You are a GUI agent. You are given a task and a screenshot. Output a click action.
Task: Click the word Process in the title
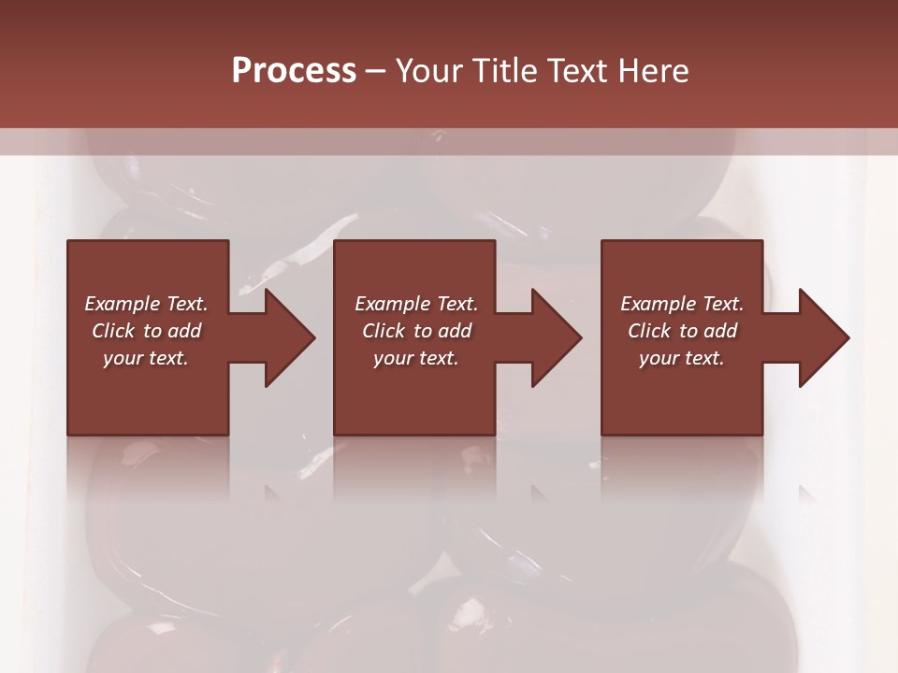tap(294, 71)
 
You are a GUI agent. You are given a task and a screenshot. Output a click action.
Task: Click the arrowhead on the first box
tap(284, 337)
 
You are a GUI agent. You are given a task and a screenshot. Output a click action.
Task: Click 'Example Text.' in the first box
tap(146, 304)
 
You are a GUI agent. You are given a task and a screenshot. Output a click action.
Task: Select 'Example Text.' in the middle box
tap(416, 304)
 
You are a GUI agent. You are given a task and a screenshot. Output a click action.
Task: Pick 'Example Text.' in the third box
tap(682, 304)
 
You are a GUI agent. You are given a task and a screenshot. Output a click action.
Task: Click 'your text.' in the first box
tap(146, 358)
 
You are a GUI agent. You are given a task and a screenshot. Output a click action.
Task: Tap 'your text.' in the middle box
tap(416, 358)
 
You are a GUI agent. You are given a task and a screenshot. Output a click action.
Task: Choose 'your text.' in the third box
tap(682, 358)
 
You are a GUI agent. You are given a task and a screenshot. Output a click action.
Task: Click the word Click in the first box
tap(113, 331)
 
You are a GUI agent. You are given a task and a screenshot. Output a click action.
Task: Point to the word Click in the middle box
tap(384, 331)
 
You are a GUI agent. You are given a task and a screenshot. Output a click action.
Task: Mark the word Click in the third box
tap(649, 331)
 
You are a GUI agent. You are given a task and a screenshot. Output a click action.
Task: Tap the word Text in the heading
tap(575, 71)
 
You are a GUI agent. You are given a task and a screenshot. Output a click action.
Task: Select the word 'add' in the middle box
tap(455, 331)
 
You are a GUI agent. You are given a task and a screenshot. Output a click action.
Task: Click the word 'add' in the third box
tap(720, 331)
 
